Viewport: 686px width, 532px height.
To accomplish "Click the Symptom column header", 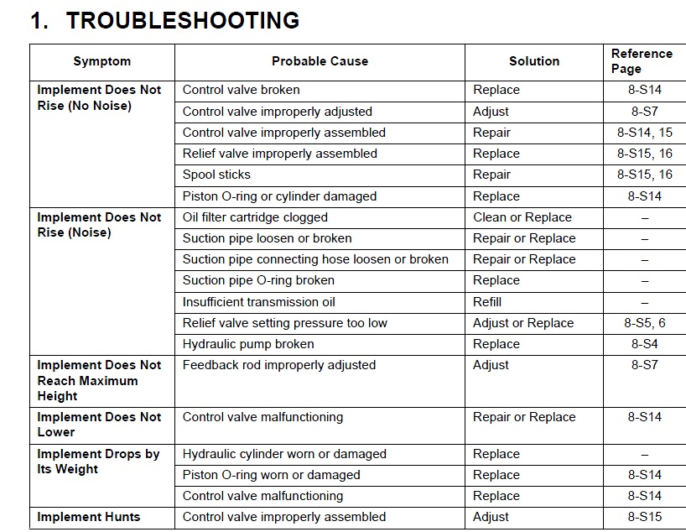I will pos(102,61).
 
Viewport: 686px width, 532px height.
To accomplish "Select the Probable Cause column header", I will pos(320,61).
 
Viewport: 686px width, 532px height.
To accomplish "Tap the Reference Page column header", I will pos(642,61).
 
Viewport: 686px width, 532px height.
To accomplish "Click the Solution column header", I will pos(533,61).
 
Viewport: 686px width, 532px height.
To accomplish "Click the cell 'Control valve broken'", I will pos(241,90).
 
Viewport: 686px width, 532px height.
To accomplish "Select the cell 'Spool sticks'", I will pos(216,175).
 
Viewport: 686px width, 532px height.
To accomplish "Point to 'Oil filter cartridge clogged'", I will pos(255,217).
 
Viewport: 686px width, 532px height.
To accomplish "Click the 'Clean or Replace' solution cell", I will pos(522,217).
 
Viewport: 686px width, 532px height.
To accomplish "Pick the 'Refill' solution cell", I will pos(487,302).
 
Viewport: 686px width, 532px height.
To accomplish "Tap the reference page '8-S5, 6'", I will pos(644,323).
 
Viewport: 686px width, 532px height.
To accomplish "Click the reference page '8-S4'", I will pos(644,344).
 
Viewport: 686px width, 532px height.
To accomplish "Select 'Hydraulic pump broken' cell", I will pos(248,344).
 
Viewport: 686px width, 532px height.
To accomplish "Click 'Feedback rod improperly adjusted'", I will pos(278,365).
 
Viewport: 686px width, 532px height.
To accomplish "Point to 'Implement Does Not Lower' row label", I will pos(99,425).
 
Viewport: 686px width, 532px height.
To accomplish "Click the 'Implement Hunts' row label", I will pos(88,517).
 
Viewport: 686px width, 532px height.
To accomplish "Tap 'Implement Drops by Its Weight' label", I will pos(98,462).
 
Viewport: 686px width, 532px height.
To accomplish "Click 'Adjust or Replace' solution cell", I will pos(523,323).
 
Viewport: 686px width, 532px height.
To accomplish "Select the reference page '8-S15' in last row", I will pos(644,517).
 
